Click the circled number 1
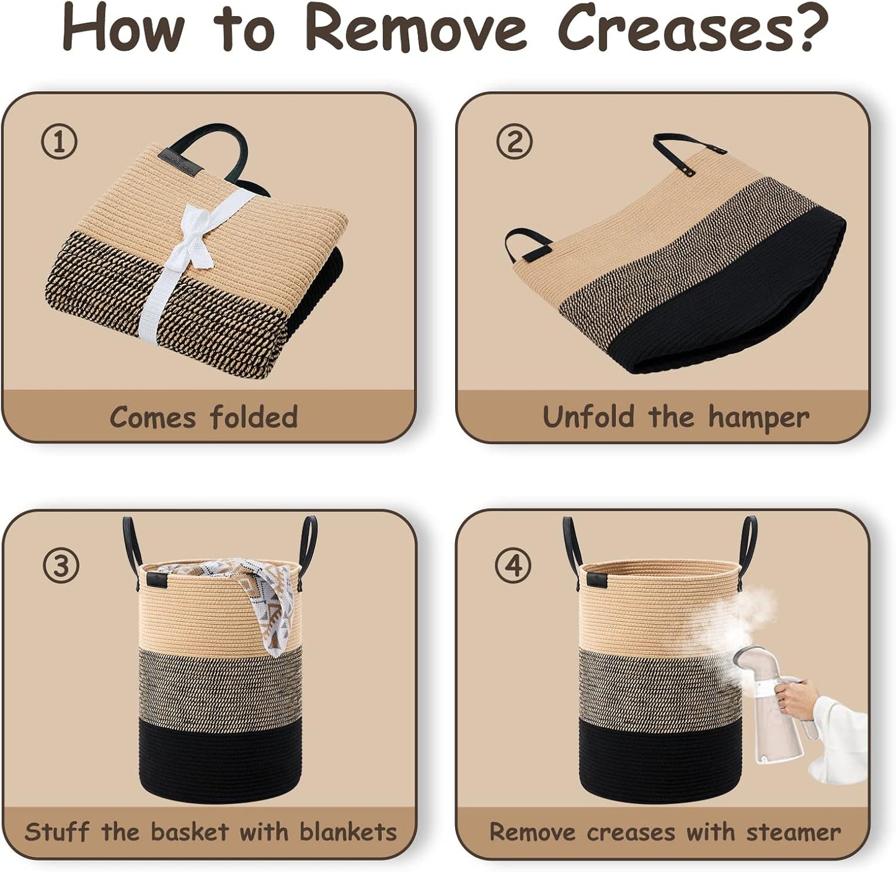58,143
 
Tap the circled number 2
514,141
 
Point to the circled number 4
512,565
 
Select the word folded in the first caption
254,417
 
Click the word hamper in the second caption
758,418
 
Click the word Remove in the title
417,29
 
